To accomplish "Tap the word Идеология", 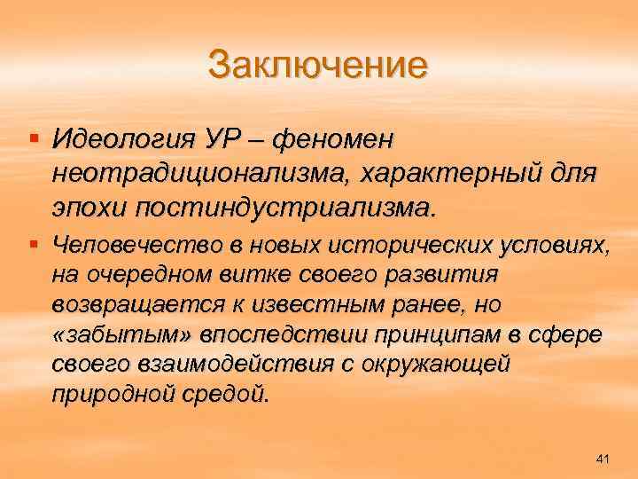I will click(128, 139).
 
